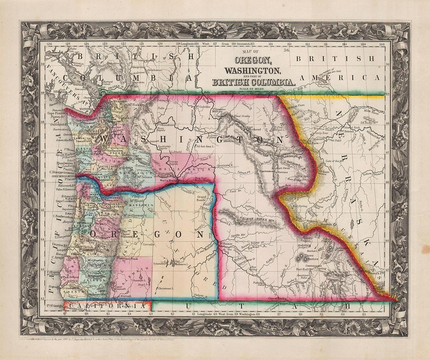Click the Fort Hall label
pyautogui.click(x=303, y=268)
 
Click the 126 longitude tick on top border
pyautogui.click(x=49, y=44)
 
